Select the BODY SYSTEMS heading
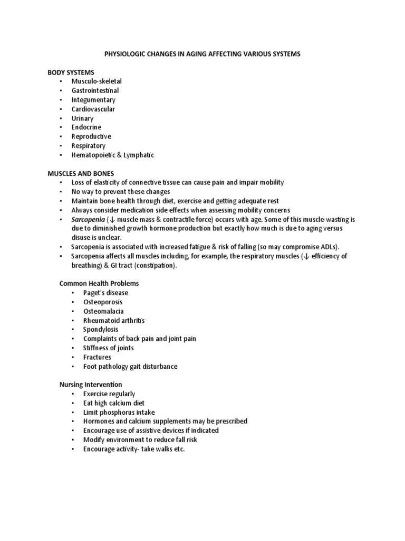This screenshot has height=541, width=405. pyautogui.click(x=71, y=72)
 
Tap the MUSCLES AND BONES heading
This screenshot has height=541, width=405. pyautogui.click(x=81, y=173)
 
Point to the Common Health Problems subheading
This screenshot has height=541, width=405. pyautogui.click(x=99, y=283)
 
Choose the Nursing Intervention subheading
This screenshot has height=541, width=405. pyautogui.click(x=90, y=385)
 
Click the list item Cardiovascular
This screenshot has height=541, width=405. pyautogui.click(x=93, y=109)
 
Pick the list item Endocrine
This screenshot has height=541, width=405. pyautogui.click(x=86, y=127)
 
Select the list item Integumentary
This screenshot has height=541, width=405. pyautogui.click(x=93, y=100)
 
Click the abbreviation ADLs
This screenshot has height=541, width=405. pyautogui.click(x=329, y=247)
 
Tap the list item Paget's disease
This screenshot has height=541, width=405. pyautogui.click(x=105, y=293)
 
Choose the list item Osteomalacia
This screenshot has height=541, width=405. pyautogui.click(x=103, y=311)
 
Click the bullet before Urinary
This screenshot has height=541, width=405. pyautogui.click(x=61, y=118)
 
